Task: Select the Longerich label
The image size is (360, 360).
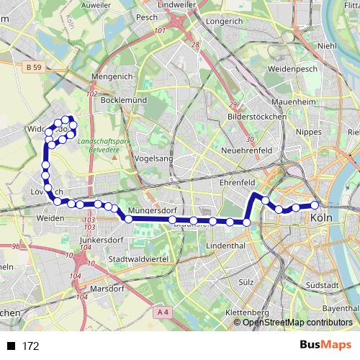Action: (224, 22)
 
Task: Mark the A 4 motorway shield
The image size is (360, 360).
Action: (162, 312)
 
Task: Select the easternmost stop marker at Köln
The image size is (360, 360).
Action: (315, 205)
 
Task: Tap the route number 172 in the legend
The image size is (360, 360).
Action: (30, 346)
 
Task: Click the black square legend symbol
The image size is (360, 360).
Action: (12, 346)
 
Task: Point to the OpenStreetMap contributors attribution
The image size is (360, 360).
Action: (297, 323)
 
